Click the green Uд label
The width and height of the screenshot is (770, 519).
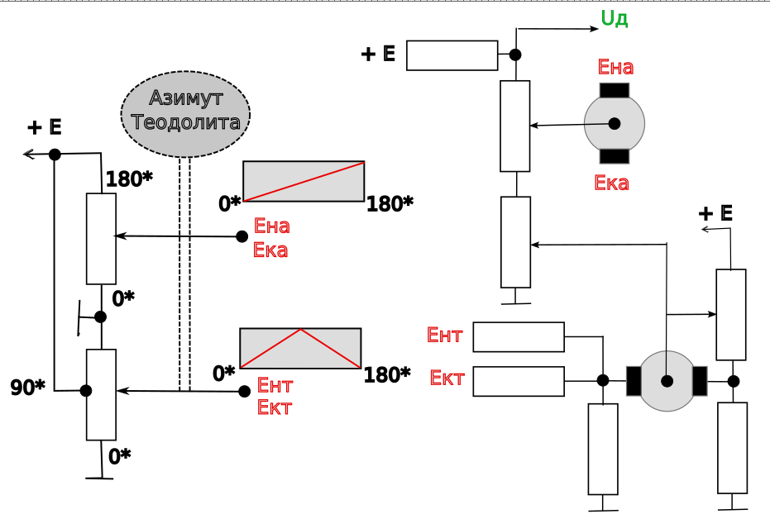tap(614, 18)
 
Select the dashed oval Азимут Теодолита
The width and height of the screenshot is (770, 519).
tap(185, 113)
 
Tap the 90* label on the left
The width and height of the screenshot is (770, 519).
tap(27, 386)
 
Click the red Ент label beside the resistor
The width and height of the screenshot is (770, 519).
tap(444, 335)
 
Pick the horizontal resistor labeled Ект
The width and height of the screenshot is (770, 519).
tap(519, 381)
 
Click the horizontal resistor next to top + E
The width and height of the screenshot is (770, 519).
tap(452, 55)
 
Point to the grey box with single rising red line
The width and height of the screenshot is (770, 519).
tap(304, 181)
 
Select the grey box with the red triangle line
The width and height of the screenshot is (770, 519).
tap(300, 348)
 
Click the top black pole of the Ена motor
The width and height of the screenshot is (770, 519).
tap(614, 90)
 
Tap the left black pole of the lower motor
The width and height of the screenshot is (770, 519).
tap(634, 381)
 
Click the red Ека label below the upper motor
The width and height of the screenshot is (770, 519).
tap(611, 183)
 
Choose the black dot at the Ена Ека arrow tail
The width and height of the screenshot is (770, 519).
tap(242, 236)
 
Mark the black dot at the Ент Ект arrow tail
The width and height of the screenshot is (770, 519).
tap(244, 391)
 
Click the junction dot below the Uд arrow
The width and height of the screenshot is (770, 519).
tap(515, 55)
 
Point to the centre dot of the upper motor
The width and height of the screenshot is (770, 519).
tap(615, 123)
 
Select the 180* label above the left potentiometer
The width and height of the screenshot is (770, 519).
tap(128, 179)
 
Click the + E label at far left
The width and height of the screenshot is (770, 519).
tap(45, 127)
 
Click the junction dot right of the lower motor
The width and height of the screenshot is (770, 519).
tap(733, 381)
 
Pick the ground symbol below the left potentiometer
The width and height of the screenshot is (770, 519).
tap(101, 477)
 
